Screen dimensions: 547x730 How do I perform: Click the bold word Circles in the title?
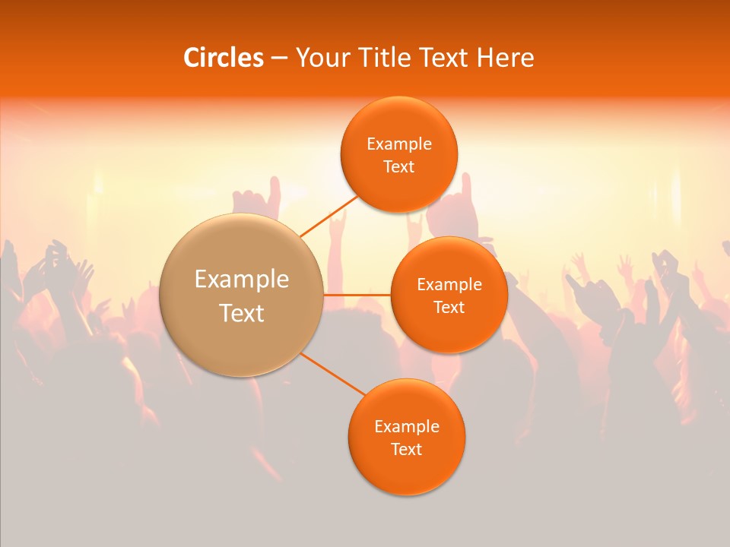click(x=223, y=58)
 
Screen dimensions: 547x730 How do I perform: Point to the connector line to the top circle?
click(x=328, y=216)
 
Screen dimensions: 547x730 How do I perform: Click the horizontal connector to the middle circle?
click(x=357, y=294)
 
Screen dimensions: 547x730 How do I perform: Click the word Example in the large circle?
click(x=242, y=280)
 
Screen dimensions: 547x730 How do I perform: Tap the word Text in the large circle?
click(x=242, y=313)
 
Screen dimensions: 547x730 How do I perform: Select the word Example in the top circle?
click(x=398, y=144)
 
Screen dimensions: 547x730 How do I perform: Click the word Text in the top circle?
click(x=398, y=167)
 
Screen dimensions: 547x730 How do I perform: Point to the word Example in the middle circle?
click(x=449, y=285)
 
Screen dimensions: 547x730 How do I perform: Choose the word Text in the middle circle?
click(x=449, y=308)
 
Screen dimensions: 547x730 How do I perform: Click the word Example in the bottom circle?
click(x=406, y=426)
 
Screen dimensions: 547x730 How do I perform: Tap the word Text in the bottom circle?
click(x=406, y=449)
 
